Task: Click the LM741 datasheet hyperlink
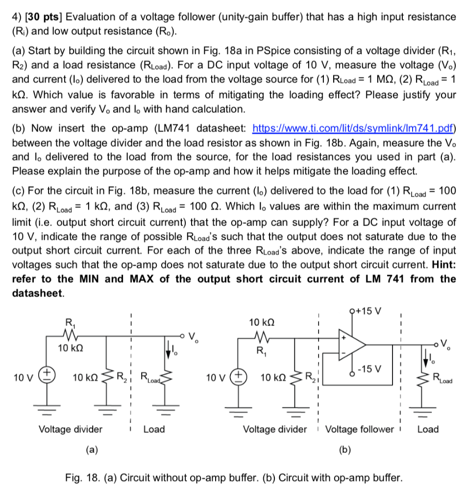tap(353, 129)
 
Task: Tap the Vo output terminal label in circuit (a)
tap(194, 337)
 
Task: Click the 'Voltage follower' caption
tap(360, 429)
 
